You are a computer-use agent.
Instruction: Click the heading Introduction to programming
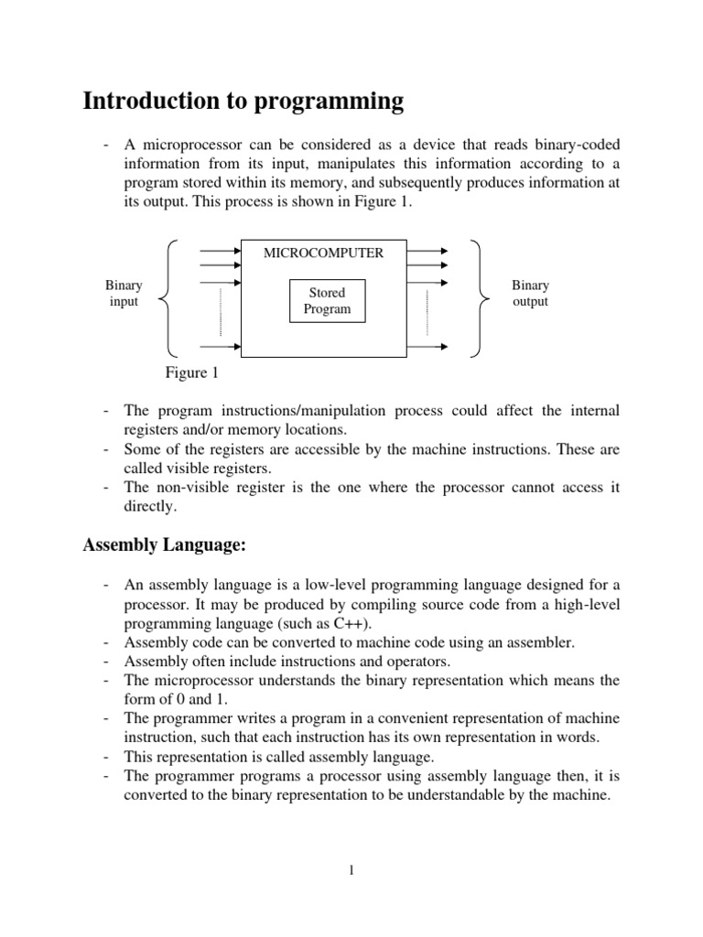click(x=243, y=102)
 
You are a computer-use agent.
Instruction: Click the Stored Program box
click(x=327, y=301)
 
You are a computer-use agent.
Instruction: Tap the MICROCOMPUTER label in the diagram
click(x=323, y=253)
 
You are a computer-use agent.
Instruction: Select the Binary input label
click(x=124, y=294)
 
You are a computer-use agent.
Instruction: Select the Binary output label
click(x=530, y=294)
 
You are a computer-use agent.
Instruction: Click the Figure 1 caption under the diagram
click(x=191, y=373)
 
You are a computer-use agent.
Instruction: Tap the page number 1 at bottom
click(x=351, y=870)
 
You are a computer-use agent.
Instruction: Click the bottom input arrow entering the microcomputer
click(x=220, y=347)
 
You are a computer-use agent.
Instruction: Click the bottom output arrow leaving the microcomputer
click(x=428, y=347)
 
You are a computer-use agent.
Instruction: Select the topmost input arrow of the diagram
click(x=220, y=249)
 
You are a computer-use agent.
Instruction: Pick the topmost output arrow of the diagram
click(x=428, y=249)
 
